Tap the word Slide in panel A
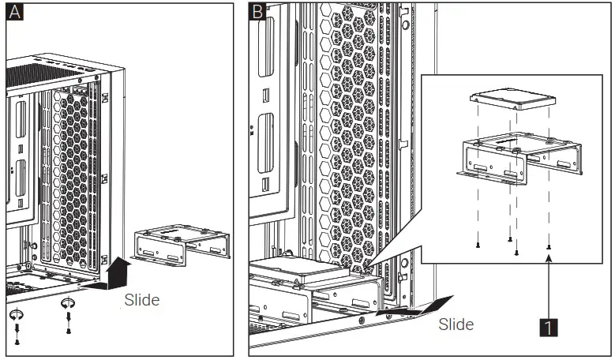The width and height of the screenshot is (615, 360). coord(141,300)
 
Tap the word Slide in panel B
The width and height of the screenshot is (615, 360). coord(456,324)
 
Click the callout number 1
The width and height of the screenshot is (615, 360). coord(548,324)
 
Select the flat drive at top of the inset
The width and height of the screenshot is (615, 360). coord(512,100)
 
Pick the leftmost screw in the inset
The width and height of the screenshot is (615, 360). coord(478,245)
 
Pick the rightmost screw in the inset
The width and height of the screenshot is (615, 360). coord(548,246)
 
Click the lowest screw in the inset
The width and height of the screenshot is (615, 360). coord(516,252)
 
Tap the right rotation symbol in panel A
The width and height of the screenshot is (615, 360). coord(69,303)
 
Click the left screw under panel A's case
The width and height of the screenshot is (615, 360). coord(17,339)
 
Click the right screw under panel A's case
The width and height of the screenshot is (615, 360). coord(69,326)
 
